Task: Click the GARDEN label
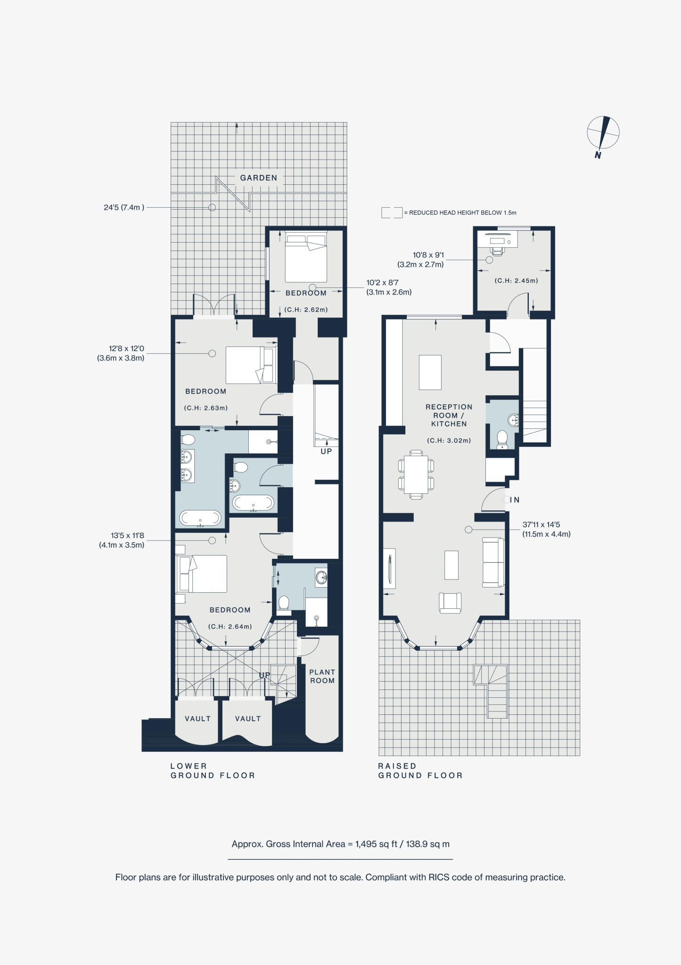(258, 178)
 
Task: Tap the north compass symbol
(603, 134)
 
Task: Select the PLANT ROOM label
(322, 676)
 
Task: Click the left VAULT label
(197, 719)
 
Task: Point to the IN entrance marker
(514, 500)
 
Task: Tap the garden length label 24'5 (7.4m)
(124, 207)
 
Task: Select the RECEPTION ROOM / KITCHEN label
(449, 415)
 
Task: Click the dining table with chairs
(416, 474)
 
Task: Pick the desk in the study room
(498, 240)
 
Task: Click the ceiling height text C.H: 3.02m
(449, 441)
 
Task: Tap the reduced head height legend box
(392, 213)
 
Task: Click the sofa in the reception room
(493, 563)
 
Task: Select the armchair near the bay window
(450, 603)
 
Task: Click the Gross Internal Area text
(340, 844)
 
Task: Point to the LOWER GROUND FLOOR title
(212, 770)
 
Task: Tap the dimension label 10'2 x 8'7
(389, 287)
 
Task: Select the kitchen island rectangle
(430, 372)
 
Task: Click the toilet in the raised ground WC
(502, 439)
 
